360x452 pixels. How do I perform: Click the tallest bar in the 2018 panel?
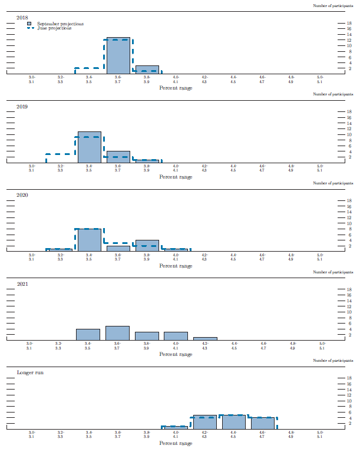tap(118, 56)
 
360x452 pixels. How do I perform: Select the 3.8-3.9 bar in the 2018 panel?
tap(147, 70)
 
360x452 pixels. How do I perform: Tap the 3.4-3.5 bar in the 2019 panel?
tap(89, 147)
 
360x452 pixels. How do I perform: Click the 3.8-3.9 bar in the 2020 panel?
tap(147, 246)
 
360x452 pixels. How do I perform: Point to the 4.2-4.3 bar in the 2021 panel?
tap(204, 339)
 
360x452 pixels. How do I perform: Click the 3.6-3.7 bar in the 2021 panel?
tap(117, 333)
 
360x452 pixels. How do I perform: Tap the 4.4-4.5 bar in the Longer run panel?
tap(233, 422)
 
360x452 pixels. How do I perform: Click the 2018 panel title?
tap(22, 18)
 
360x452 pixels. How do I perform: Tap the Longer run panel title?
tap(29, 372)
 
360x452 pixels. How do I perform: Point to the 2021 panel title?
tap(23, 284)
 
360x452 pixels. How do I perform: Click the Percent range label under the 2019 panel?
tap(176, 177)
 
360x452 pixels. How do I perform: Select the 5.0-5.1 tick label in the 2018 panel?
tap(319, 80)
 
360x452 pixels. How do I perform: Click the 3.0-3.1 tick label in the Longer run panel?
tap(31, 435)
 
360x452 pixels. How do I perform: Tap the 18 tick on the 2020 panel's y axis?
tap(349, 201)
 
